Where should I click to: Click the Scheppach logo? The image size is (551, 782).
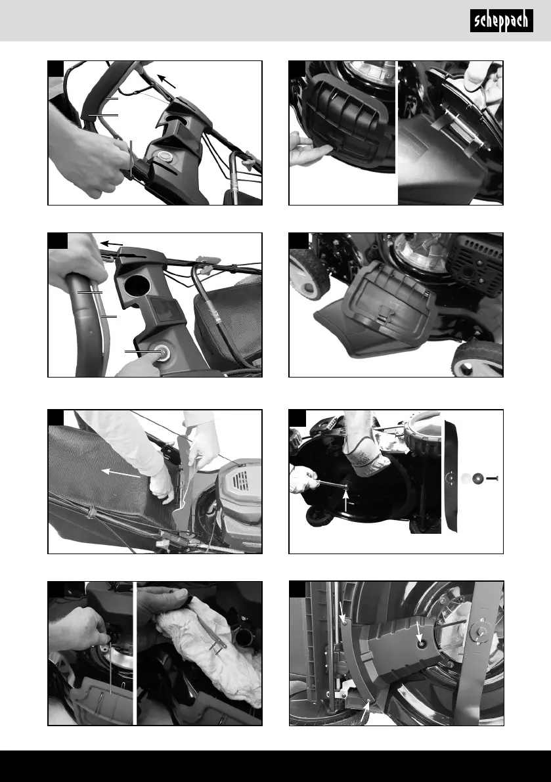(501, 21)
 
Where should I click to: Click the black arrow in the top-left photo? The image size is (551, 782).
(167, 81)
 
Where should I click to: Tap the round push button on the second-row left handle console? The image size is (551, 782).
(162, 352)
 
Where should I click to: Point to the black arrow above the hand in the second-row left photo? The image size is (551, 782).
(112, 244)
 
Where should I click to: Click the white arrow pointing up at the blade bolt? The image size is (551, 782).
(347, 501)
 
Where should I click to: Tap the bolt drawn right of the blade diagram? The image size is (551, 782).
(492, 478)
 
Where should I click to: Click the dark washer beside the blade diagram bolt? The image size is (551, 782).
(478, 478)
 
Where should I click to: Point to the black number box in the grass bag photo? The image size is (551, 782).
(56, 418)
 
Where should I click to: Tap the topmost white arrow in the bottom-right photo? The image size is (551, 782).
(343, 612)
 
